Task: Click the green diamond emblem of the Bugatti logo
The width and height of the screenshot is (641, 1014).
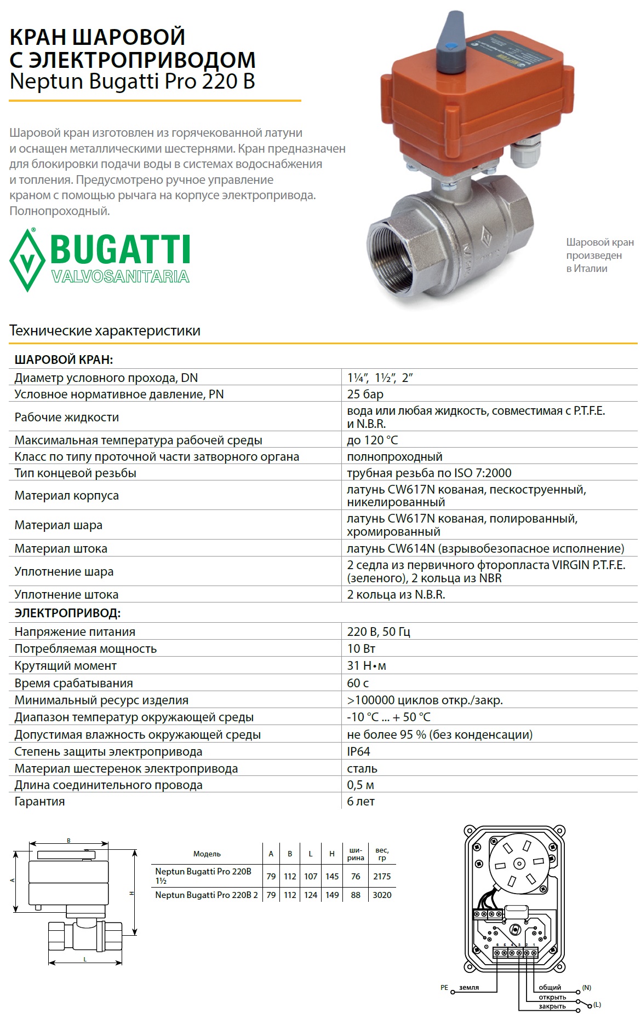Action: pos(27,259)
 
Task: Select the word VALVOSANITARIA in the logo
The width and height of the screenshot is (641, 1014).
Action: pos(121,276)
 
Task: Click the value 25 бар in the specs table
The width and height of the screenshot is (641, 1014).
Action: pos(365,394)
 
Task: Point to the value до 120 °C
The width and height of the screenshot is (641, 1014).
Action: pos(373,440)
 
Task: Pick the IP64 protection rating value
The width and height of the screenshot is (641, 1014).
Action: pos(359,751)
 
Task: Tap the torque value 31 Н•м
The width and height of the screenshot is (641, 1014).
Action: pos(367,665)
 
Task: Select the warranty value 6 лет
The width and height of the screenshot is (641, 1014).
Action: pos(361,801)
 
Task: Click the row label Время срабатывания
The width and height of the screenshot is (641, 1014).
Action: pos(73,683)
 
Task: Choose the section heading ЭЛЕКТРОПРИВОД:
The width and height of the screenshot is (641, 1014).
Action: pos(67,613)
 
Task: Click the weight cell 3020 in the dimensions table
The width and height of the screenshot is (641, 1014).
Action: pos(382,895)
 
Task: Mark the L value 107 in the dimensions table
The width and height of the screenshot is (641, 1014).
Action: pos(311,876)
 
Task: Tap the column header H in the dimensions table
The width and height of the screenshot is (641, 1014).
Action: pos(332,854)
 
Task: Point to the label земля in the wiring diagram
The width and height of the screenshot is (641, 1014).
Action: pos(469,987)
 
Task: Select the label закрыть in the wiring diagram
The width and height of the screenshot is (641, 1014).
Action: pos(552,1006)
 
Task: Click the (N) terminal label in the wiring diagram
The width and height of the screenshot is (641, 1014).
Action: pos(587,987)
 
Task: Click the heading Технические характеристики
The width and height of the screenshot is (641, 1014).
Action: pos(105,331)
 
